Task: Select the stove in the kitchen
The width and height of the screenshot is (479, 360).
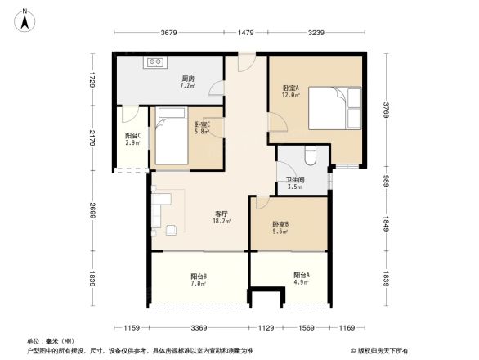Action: tap(155, 63)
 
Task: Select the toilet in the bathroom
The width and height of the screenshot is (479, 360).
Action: tap(310, 155)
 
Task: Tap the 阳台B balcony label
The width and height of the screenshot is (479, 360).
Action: tap(198, 279)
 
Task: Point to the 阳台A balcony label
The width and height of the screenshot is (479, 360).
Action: tap(301, 278)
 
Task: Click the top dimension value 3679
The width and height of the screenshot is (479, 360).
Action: tap(169, 33)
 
